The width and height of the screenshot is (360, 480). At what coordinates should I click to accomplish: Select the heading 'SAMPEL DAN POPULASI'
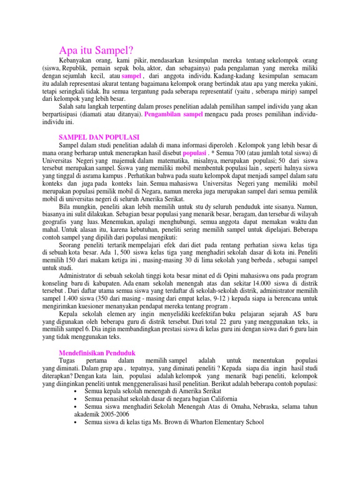click(99, 137)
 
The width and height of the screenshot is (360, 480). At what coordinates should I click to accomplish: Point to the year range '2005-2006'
click(112, 414)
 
